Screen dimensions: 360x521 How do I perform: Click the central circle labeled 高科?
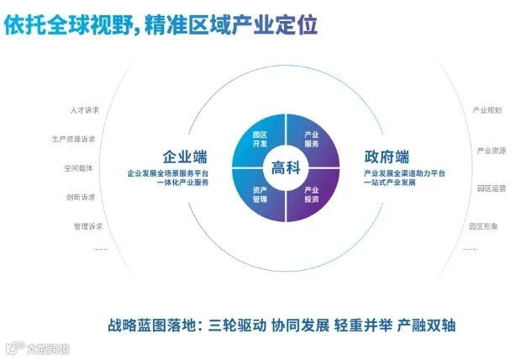point(285,167)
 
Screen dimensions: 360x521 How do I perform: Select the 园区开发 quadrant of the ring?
point(260,139)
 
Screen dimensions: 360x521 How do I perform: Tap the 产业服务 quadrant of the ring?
point(311,139)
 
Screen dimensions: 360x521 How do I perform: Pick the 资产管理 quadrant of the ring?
point(260,194)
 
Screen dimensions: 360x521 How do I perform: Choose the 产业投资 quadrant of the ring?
point(311,194)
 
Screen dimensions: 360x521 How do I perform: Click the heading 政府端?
point(387,157)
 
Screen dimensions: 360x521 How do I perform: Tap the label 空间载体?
point(78,167)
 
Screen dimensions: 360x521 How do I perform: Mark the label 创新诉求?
point(81,197)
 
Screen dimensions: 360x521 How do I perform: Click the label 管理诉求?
point(87,226)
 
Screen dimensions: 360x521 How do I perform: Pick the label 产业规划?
point(487,110)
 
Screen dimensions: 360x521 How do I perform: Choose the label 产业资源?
point(492,151)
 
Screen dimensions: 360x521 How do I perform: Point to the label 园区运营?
point(492,188)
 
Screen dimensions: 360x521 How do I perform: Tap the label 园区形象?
point(485,226)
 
